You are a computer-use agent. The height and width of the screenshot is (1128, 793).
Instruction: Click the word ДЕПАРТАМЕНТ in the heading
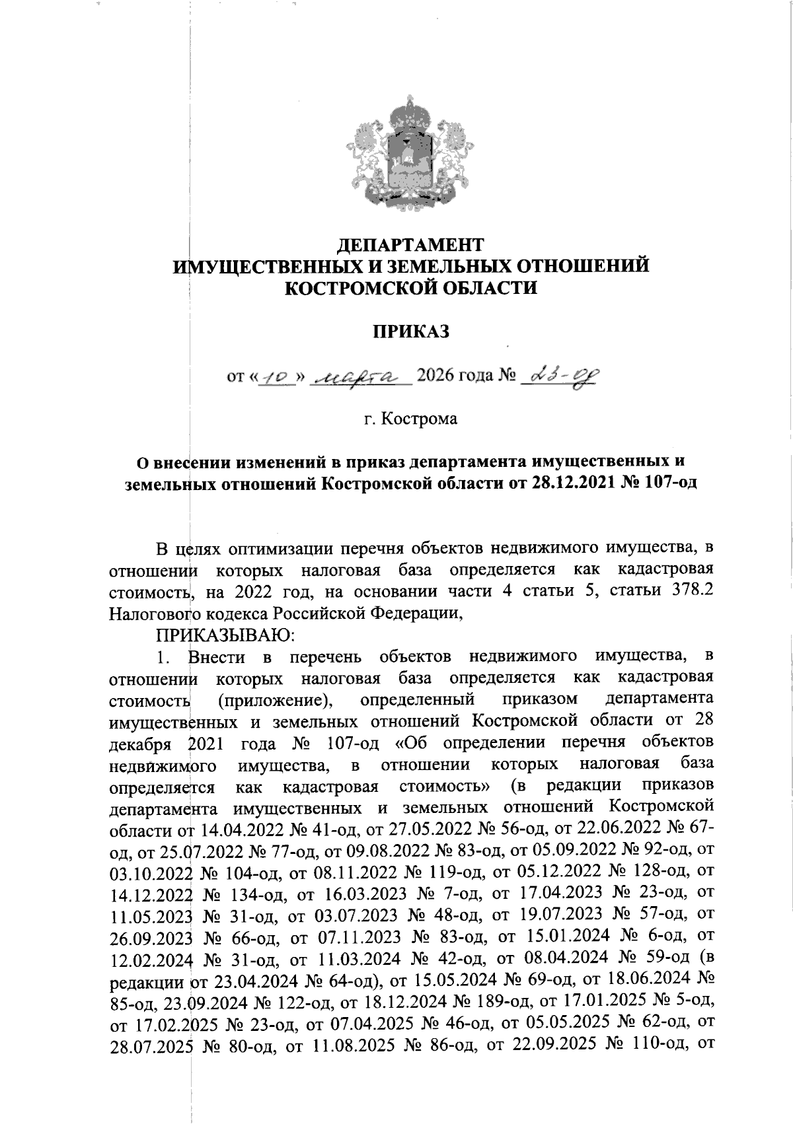pyautogui.click(x=410, y=244)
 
